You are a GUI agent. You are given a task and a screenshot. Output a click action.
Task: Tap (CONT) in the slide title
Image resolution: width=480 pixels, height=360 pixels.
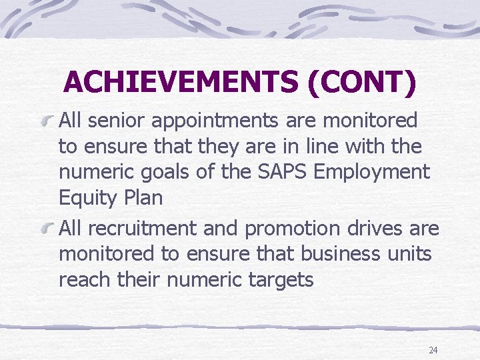pos(362,82)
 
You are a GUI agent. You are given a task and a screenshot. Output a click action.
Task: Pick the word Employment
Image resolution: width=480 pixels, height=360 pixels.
pos(372,173)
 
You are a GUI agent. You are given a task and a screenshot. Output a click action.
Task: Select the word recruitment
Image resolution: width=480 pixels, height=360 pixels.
pos(143,229)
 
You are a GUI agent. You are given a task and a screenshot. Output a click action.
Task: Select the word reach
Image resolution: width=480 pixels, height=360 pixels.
pos(87,279)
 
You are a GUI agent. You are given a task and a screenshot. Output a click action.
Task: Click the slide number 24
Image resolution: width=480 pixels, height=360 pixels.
pos(433,350)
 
